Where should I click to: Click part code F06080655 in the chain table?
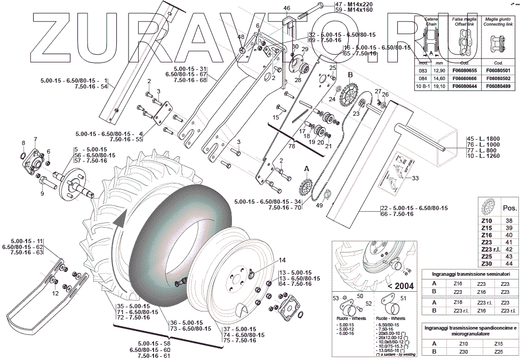click(x=462, y=70)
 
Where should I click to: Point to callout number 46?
click(x=286, y=8)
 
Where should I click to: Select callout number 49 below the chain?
click(x=319, y=205)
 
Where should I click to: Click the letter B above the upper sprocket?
click(x=350, y=75)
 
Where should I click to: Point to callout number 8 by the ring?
click(x=23, y=143)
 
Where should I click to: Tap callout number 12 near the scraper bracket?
click(x=55, y=293)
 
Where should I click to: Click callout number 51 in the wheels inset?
click(x=403, y=298)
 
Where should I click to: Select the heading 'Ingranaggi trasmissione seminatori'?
click(x=467, y=274)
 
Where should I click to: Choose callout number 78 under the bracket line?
click(x=291, y=146)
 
